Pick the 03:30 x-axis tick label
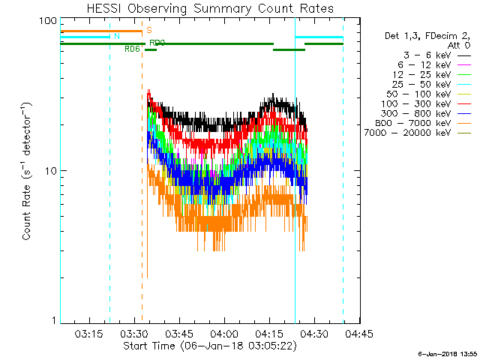point(133,333)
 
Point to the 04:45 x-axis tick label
point(358,333)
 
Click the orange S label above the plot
point(149,30)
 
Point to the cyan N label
point(116,36)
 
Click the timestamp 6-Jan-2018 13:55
point(448,353)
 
